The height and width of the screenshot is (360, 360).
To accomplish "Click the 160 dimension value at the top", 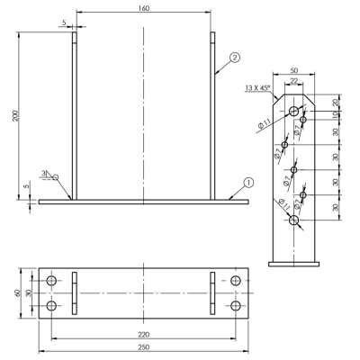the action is click(144, 8).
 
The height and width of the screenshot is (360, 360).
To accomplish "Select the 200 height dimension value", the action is click(15, 116).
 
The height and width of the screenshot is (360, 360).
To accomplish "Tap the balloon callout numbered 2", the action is click(235, 57).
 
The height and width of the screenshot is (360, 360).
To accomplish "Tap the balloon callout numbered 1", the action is click(248, 183).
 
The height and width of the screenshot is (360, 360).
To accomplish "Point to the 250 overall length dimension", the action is click(144, 347).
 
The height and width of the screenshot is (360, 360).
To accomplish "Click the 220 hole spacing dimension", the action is click(144, 334).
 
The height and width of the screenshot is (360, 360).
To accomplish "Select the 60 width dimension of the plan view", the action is click(17, 293).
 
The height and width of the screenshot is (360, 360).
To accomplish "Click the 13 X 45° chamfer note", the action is click(258, 88).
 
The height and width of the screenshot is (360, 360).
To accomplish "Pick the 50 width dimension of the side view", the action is click(294, 70).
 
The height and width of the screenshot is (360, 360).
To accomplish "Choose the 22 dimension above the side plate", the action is click(294, 81).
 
